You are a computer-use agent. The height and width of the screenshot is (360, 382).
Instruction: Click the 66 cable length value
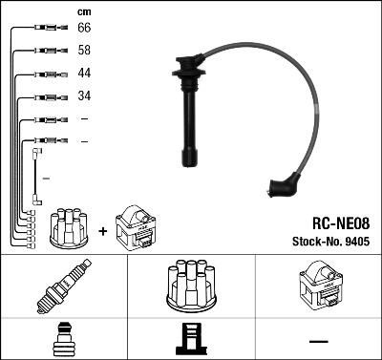click(84, 30)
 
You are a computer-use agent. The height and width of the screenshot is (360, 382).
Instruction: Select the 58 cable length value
click(84, 52)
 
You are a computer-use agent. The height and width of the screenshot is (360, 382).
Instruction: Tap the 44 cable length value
click(84, 74)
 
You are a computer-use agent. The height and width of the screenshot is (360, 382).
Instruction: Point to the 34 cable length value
click(84, 96)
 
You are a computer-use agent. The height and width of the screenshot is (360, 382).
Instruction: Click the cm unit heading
click(84, 11)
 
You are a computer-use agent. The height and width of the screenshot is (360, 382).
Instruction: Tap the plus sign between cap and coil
click(102, 229)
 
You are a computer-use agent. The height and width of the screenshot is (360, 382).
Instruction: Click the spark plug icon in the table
click(64, 288)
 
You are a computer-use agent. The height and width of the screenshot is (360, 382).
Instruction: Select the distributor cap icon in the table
click(190, 286)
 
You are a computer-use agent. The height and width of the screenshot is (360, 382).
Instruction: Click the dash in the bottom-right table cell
click(317, 341)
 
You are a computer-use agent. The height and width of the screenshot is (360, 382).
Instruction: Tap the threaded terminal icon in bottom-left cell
click(64, 341)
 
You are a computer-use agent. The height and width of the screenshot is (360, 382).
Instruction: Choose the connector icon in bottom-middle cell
click(190, 341)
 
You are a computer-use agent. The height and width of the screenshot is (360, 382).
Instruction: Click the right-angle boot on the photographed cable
click(284, 185)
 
